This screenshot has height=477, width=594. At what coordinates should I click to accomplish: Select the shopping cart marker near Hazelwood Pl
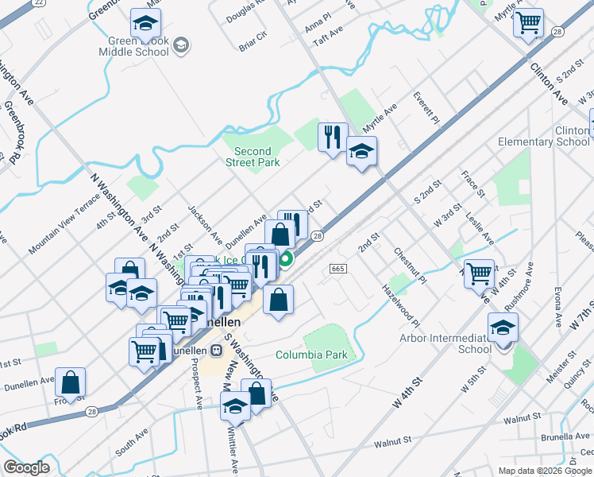(x=479, y=273)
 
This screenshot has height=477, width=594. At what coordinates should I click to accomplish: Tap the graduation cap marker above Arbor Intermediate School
(x=503, y=326)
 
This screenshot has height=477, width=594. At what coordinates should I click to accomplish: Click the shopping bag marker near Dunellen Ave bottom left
(x=71, y=382)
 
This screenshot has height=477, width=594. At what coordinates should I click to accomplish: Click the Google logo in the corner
(x=26, y=467)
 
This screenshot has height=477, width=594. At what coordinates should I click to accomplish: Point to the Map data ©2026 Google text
(x=545, y=471)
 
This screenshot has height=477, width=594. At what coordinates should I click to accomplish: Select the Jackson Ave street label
(x=205, y=225)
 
